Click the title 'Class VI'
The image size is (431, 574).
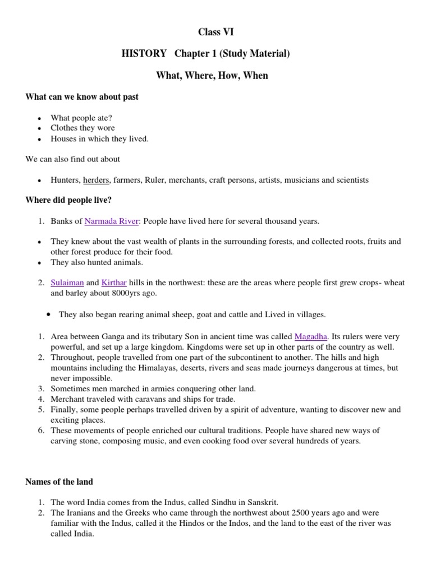pyautogui.click(x=215, y=33)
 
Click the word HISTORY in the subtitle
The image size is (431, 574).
pyautogui.click(x=144, y=54)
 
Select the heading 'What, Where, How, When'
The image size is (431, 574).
pyautogui.click(x=215, y=75)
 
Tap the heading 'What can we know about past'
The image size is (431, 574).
pyautogui.click(x=82, y=97)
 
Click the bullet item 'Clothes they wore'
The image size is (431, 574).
pyautogui.click(x=82, y=128)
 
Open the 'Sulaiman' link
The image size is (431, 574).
pyautogui.click(x=67, y=283)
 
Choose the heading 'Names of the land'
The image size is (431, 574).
pyautogui.click(x=59, y=482)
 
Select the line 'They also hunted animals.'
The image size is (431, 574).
pyautogui.click(x=97, y=262)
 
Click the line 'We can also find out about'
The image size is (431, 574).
pyautogui.click(x=73, y=159)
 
